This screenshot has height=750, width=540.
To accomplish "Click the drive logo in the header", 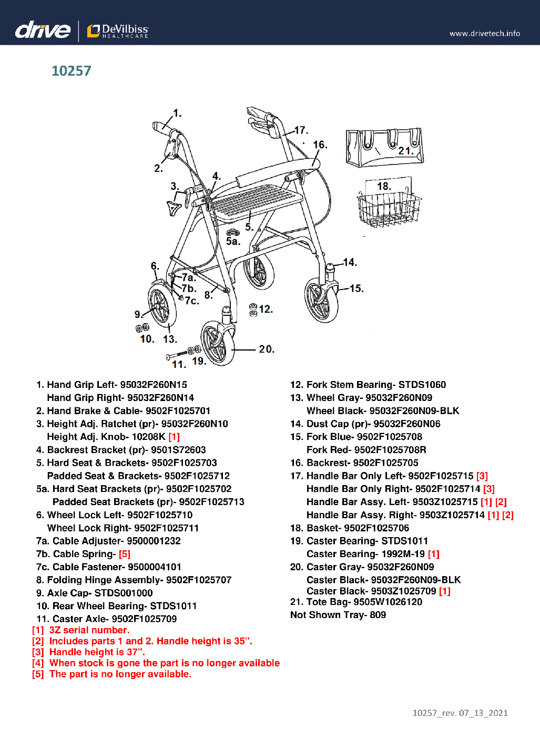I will point(43,30).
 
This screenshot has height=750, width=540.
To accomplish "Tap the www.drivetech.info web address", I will point(484,34).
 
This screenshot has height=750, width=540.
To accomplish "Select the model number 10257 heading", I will point(72,71).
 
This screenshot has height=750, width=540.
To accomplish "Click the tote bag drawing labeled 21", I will point(384,148).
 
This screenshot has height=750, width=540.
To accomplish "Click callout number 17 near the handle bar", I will point(301,130).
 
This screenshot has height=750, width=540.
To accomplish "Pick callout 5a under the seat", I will point(233,241).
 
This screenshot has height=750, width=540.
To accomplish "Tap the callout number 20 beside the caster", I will point(267,349).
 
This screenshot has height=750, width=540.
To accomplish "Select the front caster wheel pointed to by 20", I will point(217,343).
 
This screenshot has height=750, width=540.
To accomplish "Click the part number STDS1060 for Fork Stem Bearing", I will point(422,385).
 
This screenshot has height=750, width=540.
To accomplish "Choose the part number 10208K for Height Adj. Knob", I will point(149,437).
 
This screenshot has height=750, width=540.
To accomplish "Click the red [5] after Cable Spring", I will point(125,554).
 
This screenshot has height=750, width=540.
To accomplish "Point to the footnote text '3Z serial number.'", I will point(89,630).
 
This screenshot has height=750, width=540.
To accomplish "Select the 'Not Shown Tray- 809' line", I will point(338,615).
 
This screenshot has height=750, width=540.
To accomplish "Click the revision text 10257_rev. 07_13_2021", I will point(460,713).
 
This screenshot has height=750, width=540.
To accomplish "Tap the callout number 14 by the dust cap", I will point(350,262).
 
